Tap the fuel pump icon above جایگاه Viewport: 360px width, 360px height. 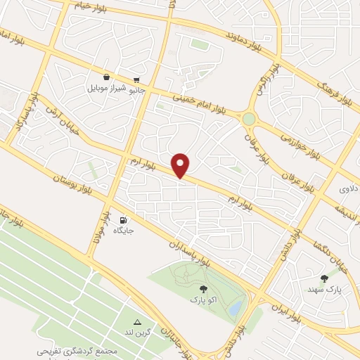point(124,219)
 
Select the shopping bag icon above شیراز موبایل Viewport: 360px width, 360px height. point(106,77)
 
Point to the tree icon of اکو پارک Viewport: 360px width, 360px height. point(203,288)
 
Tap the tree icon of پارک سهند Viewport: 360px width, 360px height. point(323,278)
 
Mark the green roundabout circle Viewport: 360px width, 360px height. point(249,120)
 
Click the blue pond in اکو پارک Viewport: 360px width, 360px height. point(236,307)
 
